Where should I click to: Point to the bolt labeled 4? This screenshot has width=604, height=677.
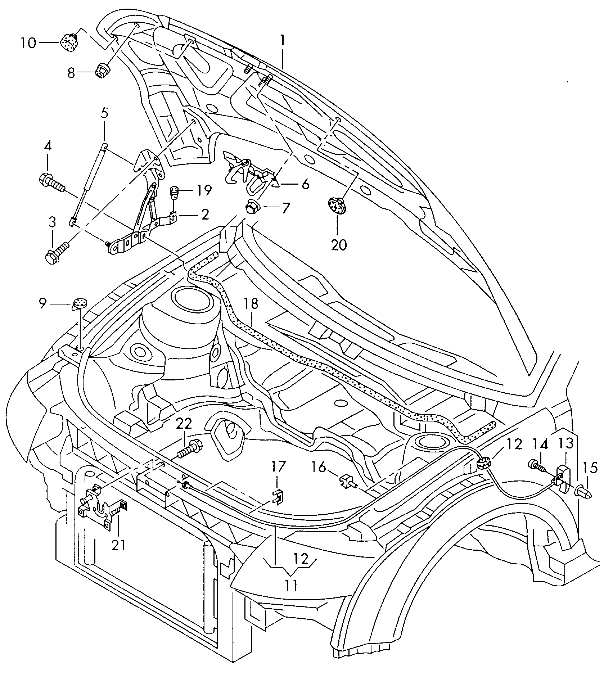point(50,181)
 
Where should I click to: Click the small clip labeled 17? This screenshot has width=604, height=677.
point(278,496)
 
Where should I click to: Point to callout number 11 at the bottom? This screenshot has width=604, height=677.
point(291,586)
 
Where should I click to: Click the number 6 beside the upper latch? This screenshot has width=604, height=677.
point(305,184)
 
